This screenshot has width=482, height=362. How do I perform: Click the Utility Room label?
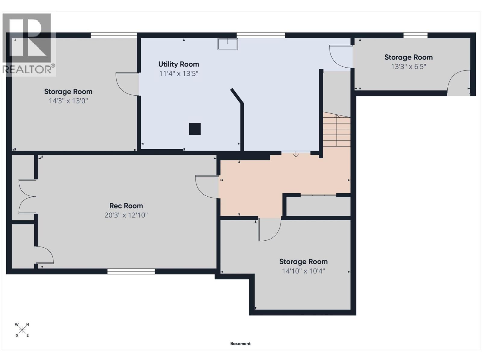pyautogui.click(x=179, y=64)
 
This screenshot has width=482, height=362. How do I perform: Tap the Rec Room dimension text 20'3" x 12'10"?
pyautogui.click(x=126, y=215)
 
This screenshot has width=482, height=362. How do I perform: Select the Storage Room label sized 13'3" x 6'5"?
pyautogui.click(x=408, y=57)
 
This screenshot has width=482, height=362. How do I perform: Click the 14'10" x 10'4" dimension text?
pyautogui.click(x=303, y=271)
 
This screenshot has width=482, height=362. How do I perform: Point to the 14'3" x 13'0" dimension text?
pyautogui.click(x=68, y=101)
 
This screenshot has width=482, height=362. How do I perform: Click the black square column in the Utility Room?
pyautogui.click(x=195, y=129)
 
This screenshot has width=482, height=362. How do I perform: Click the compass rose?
pyautogui.click(x=22, y=330)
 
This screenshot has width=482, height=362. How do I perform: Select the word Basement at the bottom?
pyautogui.click(x=240, y=344)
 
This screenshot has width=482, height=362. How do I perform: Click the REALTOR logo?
pyautogui.click(x=29, y=44)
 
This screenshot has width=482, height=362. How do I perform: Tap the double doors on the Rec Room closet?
pyautogui.click(x=27, y=197)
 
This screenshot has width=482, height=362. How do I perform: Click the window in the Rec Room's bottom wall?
pyautogui.click(x=131, y=271)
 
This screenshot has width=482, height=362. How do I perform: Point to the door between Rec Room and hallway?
pyautogui.click(x=207, y=187)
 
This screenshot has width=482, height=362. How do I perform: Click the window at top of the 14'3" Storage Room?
pyautogui.click(x=114, y=35)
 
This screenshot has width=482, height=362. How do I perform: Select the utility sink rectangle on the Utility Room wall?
pyautogui.click(x=227, y=44)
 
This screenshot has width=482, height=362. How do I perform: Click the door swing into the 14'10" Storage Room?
pyautogui.click(x=269, y=229)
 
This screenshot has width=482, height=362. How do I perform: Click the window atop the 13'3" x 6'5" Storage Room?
pyautogui.click(x=415, y=35)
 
